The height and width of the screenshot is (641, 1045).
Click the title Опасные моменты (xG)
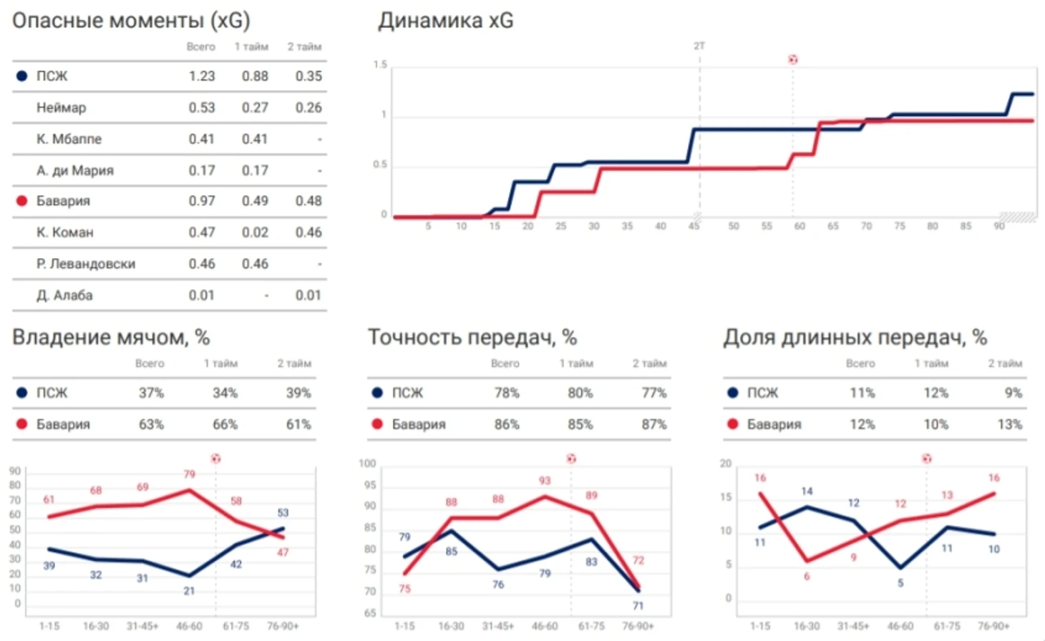[x=131, y=21]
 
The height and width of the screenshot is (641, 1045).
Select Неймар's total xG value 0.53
[x=201, y=107]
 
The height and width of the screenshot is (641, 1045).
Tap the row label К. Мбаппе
[x=69, y=139]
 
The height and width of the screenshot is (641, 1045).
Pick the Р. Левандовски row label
[x=86, y=263]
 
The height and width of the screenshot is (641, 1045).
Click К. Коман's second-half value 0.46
[x=308, y=232]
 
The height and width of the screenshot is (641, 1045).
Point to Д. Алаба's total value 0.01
[x=201, y=295]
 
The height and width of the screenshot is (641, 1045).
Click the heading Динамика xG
[x=445, y=21]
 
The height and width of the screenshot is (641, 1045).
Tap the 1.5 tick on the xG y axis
[x=380, y=65]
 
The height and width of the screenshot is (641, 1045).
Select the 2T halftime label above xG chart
[x=699, y=46]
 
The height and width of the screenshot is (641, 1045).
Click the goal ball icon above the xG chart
[x=792, y=59]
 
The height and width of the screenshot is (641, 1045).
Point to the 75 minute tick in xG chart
[x=900, y=226]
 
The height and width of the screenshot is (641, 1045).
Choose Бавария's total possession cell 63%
[x=151, y=424]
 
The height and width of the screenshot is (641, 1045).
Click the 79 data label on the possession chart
[x=189, y=474]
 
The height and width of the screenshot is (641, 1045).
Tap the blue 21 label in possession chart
[x=189, y=591]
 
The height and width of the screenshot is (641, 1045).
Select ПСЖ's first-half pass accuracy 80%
[x=580, y=393]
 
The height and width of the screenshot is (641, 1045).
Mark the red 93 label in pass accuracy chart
[x=545, y=481]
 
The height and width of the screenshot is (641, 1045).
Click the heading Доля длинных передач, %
[x=855, y=338]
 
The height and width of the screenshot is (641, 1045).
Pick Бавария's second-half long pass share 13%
[x=1009, y=424]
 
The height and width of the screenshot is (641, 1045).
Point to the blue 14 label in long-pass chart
[x=807, y=491]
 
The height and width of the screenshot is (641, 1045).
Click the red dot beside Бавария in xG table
[x=21, y=201]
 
